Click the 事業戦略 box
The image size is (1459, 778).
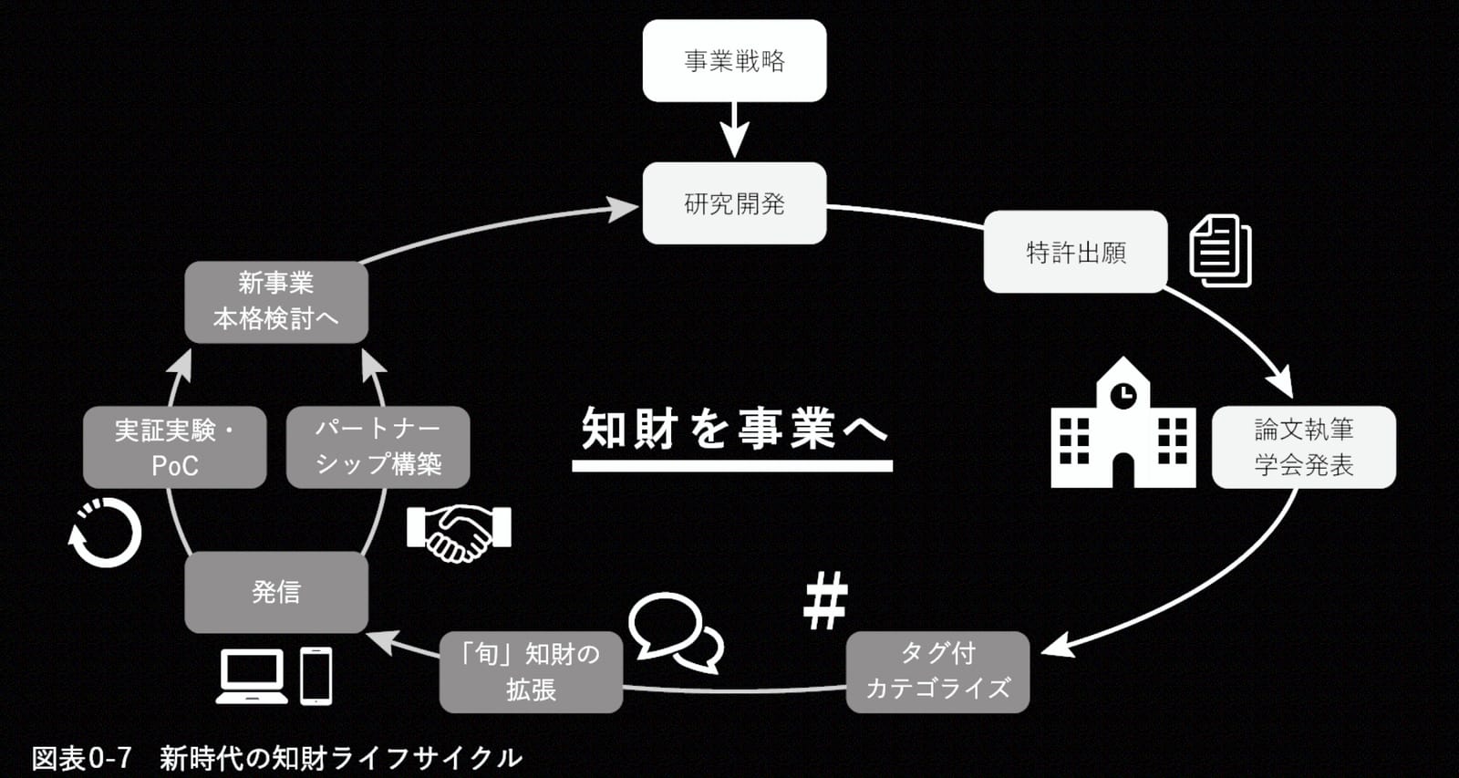pyautogui.click(x=734, y=60)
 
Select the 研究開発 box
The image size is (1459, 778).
pyautogui.click(x=734, y=203)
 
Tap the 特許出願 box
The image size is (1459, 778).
pyautogui.click(x=1075, y=252)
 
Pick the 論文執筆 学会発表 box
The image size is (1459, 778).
pyautogui.click(x=1303, y=447)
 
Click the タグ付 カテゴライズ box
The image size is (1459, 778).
pyautogui.click(x=938, y=672)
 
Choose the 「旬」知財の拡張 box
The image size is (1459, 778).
pyautogui.click(x=531, y=672)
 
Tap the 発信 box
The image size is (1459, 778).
pyautogui.click(x=276, y=592)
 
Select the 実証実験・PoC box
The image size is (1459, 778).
pyautogui.click(x=174, y=447)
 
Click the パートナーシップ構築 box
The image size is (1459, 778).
pyautogui.click(x=378, y=447)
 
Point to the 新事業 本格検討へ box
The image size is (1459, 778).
pyautogui.click(x=276, y=302)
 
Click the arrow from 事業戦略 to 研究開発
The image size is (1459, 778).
pyautogui.click(x=734, y=130)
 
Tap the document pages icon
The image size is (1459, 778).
pyautogui.click(x=1220, y=251)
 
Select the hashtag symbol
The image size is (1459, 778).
pyautogui.click(x=825, y=600)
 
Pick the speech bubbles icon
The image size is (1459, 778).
pyautogui.click(x=675, y=631)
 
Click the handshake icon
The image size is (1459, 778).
pyautogui.click(x=460, y=533)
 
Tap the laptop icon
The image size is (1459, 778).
pyautogui.click(x=252, y=677)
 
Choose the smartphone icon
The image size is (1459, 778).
pyautogui.click(x=316, y=677)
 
